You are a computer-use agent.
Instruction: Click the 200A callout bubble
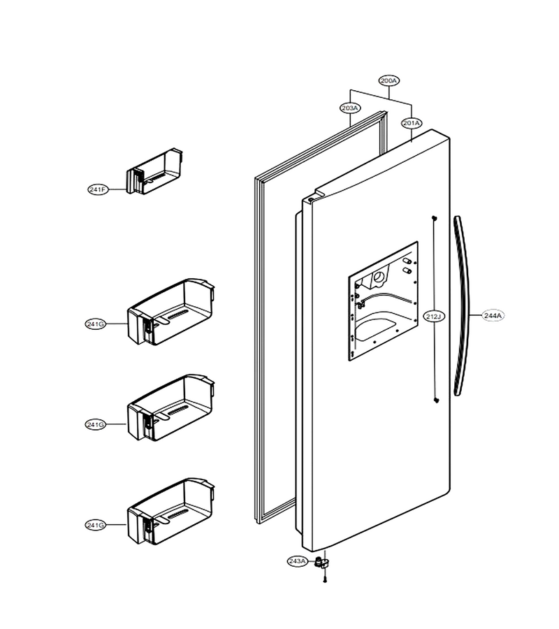[389, 80]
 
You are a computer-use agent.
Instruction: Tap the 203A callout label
[350, 108]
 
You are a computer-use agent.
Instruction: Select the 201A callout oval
[412, 123]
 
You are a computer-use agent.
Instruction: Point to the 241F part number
[99, 189]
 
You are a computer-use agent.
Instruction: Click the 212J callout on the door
[435, 317]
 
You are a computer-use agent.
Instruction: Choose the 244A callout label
[493, 316]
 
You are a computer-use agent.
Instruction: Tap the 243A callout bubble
[298, 561]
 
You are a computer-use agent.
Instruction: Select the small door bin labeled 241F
[154, 171]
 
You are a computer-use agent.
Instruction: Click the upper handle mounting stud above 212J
[435, 218]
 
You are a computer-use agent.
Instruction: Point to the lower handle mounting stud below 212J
[436, 400]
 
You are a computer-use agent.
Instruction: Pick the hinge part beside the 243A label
[321, 562]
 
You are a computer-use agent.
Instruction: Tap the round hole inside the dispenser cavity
[379, 277]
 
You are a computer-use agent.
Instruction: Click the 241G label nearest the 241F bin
[96, 324]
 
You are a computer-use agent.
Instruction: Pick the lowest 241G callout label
[96, 525]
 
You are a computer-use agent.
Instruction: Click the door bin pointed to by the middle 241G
[170, 407]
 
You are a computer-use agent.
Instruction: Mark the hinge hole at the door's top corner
[311, 198]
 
